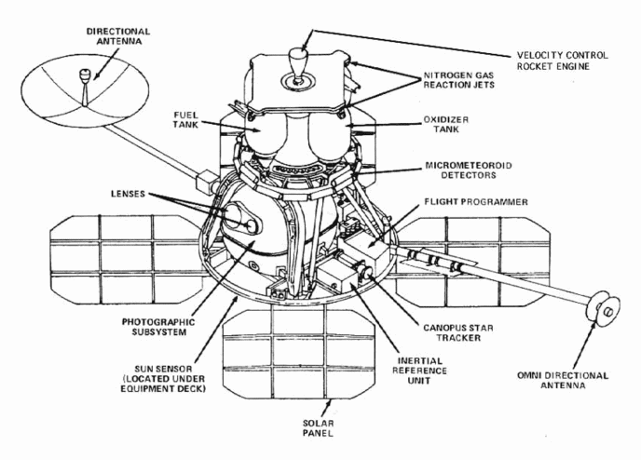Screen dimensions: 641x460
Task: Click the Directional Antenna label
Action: pos(118,36)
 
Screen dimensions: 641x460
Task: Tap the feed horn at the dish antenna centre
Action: pos(84,75)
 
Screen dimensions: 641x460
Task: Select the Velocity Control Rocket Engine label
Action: pos(562,61)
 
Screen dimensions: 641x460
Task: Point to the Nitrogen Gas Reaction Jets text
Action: pos(458,80)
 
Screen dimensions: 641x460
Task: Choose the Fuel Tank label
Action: pos(185,119)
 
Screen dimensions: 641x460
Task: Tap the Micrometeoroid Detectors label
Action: pos(468,170)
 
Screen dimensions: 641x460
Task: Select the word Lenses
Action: pos(128,194)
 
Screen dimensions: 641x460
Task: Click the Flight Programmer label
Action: pos(476,202)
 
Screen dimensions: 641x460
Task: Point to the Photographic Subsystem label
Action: pos(158,327)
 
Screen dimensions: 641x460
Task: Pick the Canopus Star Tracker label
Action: pos(457,332)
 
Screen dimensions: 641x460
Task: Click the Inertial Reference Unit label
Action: pos(419,371)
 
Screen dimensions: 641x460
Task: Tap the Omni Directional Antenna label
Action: pos(563,380)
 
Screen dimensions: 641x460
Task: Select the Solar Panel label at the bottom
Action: pos(318,428)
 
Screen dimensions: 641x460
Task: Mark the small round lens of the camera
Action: pos(251,225)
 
